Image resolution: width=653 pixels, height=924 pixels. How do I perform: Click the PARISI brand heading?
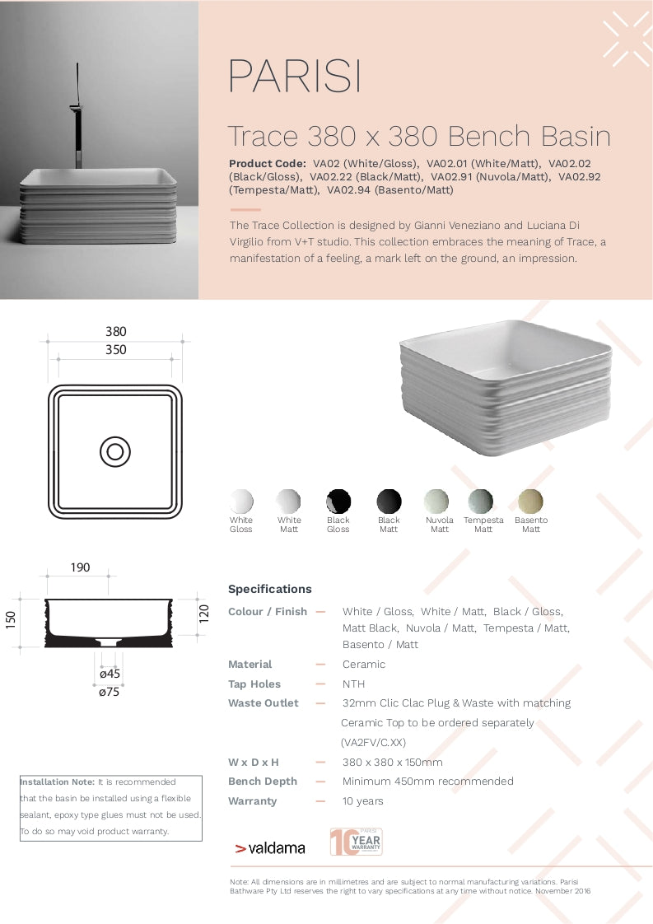point(294,77)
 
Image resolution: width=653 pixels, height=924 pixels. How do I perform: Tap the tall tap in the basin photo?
point(78,115)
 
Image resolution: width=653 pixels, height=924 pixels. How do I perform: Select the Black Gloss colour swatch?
point(338,501)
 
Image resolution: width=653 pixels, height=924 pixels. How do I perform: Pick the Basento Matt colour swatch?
point(530,501)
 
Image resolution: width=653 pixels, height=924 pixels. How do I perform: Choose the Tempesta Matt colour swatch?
point(481,501)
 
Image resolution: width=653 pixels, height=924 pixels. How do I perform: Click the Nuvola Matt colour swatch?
point(437,501)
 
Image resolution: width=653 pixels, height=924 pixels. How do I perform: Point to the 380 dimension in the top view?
point(116,332)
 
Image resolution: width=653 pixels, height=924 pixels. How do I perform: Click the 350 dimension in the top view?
point(116,350)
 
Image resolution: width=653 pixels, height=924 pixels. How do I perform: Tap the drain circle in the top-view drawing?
point(114,451)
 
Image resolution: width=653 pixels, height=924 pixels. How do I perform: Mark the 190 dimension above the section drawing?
point(80,567)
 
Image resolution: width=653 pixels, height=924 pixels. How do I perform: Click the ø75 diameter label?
point(110,692)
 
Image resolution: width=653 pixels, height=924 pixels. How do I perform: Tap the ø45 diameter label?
point(110,674)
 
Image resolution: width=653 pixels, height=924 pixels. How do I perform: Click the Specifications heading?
point(270,589)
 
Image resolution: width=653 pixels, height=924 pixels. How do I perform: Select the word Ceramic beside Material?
point(364,665)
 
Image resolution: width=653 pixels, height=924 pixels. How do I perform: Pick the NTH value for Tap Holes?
point(354,684)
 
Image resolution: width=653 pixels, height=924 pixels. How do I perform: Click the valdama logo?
point(270,848)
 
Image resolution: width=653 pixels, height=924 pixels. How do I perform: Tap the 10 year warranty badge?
point(356,842)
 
